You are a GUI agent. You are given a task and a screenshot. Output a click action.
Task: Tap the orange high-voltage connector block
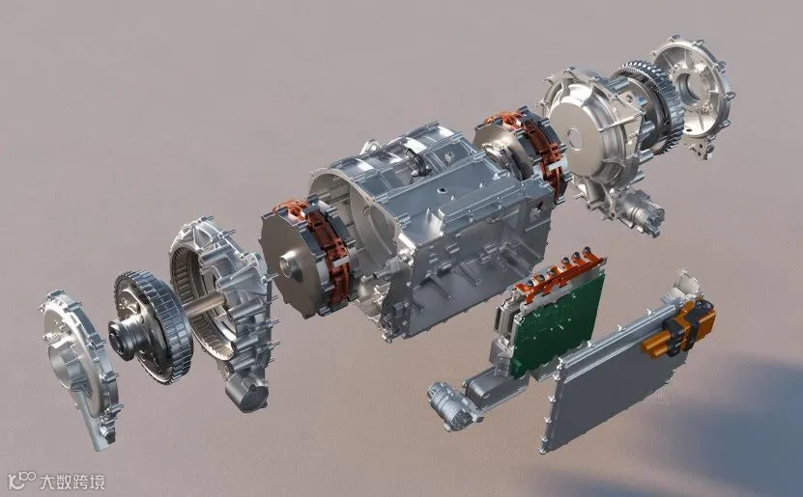[x=678, y=328]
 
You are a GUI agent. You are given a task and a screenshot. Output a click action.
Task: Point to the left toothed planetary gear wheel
[x=152, y=327]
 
